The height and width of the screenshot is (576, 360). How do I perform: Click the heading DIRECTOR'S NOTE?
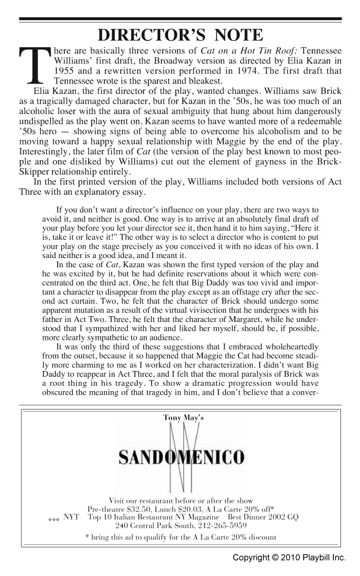pyautogui.click(x=180, y=35)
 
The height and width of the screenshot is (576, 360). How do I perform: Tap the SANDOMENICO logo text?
pyautogui.click(x=181, y=458)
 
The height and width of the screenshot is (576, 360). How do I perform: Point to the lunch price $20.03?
pyautogui.click(x=202, y=509)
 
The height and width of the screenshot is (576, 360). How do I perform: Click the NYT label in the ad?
pyautogui.click(x=71, y=517)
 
